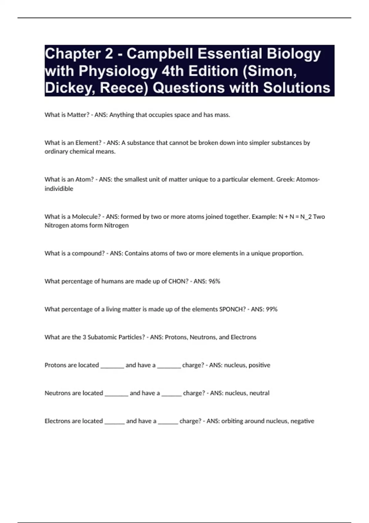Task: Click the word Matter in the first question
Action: click(x=78, y=115)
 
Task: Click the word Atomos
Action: click(x=307, y=179)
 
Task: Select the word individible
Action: click(x=59, y=189)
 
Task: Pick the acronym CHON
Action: click(x=178, y=281)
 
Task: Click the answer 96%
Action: click(x=214, y=281)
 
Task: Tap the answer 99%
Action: click(x=272, y=309)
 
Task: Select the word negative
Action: click(x=302, y=421)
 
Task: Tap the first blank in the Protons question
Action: click(x=112, y=366)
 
